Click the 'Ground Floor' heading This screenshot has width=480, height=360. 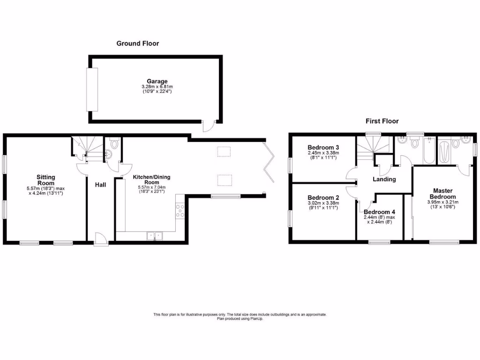(137, 44)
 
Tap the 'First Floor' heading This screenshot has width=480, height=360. (382, 121)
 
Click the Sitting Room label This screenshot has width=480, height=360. (46, 180)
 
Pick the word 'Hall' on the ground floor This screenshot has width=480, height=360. (100, 185)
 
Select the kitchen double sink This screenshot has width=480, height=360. (154, 236)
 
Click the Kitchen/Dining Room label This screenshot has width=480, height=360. (151, 180)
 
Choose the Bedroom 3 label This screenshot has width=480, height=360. (323, 147)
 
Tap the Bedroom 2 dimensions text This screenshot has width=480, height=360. (323, 206)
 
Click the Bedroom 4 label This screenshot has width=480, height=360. (379, 212)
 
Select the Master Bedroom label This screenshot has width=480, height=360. (442, 194)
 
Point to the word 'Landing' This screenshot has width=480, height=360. (384, 179)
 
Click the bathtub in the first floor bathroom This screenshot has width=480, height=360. (429, 151)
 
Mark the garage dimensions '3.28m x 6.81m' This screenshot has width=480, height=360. (155, 87)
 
